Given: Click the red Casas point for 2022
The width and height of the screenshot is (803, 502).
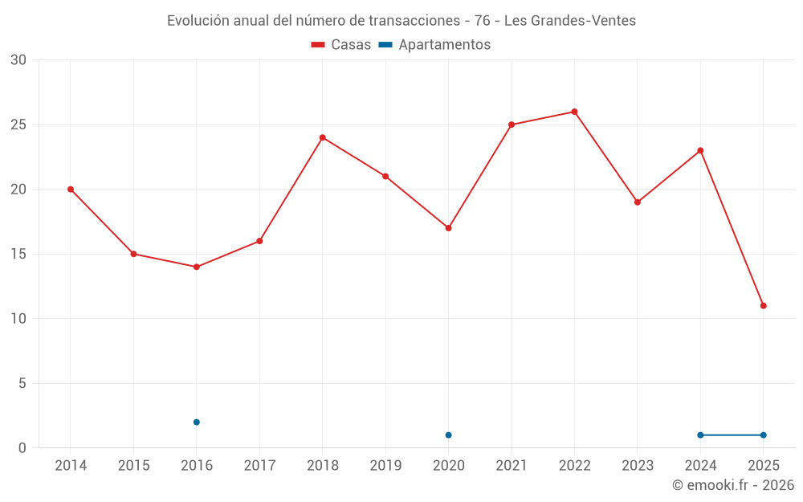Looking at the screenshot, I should coord(574,112).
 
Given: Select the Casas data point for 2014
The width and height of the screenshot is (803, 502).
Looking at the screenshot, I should coord(71,190).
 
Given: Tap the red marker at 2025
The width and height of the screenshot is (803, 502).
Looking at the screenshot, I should coord(763,305).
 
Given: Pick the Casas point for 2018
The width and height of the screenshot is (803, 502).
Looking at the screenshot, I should coord(323,137).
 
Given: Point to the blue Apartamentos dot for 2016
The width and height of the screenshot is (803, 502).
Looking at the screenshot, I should coord(197,422).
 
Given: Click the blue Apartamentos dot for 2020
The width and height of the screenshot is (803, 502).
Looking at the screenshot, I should coord(448,435).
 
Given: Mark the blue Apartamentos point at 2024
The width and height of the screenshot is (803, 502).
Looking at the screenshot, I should coord(700,435).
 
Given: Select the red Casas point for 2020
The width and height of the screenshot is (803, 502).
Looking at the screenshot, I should coord(448,228).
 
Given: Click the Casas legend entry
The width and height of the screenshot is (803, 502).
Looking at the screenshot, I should coord(341,45).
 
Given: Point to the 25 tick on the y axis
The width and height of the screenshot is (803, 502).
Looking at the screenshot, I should coord(18,124).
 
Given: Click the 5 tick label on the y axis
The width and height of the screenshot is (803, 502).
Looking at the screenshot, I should coord(22,383).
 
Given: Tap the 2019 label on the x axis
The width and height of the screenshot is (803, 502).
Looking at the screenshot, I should coord(385,466).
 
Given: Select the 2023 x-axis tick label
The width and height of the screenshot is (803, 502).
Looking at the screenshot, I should coord(638,466).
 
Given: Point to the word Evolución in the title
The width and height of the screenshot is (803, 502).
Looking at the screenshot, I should coord(198,21).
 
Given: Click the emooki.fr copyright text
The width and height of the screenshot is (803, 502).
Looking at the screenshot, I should coord(733,485).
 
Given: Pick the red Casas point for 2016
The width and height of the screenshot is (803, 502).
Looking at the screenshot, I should coord(197,267).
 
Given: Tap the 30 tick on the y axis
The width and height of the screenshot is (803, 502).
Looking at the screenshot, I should coord(18,60).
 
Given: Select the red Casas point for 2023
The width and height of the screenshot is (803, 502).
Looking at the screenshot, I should coord(638,202).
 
